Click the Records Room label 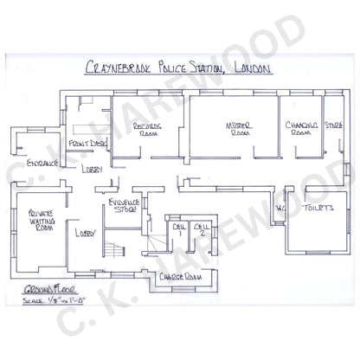coord(147,130)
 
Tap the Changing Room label coord(300,130)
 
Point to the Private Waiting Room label coord(39,220)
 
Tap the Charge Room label coord(183,278)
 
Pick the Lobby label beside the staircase coord(84,234)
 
